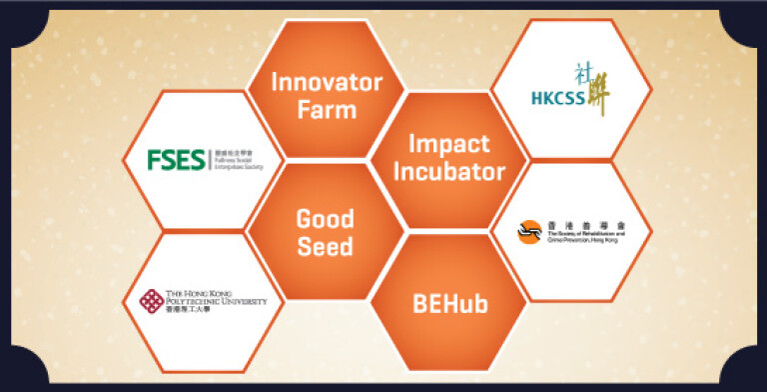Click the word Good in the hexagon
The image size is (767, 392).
pos(326,217)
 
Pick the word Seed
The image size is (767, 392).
pos(326,245)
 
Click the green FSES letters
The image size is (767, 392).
pos(177,159)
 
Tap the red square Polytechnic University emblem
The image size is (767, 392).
pos(153,300)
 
